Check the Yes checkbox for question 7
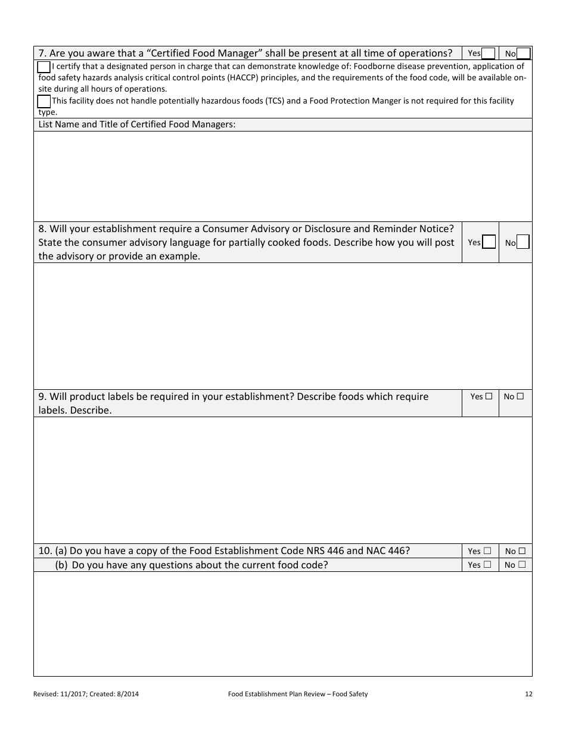tap(488, 54)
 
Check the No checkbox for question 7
tap(523, 54)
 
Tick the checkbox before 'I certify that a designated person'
tap(44, 67)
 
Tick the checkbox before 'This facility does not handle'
tap(44, 101)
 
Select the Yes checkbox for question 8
tap(489, 242)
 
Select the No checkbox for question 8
tap(523, 242)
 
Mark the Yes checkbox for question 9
tap(489, 396)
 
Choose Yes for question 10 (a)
tap(487, 551)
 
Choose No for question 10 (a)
tap(521, 551)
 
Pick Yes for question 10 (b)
tap(487, 565)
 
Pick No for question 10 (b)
tap(521, 565)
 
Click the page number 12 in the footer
tap(528, 694)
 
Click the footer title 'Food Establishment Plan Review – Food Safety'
tap(298, 694)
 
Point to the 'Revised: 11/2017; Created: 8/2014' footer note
tap(86, 694)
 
